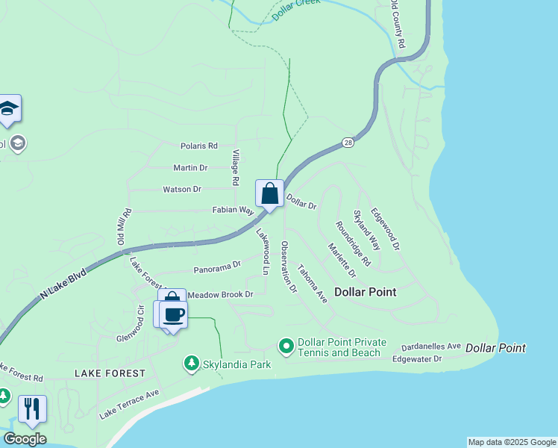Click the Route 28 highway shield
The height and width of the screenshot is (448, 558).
pos(348,142)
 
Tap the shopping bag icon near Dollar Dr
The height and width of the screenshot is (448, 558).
pos(269,193)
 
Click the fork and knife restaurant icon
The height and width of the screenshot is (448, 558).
pos(32,408)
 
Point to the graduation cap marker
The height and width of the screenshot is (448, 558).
pos(8,109)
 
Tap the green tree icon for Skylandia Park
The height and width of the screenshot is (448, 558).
pos(191,364)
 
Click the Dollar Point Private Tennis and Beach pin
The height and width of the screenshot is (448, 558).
pos(286,346)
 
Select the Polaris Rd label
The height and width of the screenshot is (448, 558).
pos(198,146)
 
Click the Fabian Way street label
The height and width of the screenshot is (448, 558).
pos(234,211)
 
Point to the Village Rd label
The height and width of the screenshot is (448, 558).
pos(235,168)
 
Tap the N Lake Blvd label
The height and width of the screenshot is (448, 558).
pos(63,284)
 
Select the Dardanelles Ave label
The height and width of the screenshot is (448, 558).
pos(431,347)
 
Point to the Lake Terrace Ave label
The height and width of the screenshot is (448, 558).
pos(130,404)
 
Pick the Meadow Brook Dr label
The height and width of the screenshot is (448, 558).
pos(220,295)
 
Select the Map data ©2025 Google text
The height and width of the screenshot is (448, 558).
pos(511,442)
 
